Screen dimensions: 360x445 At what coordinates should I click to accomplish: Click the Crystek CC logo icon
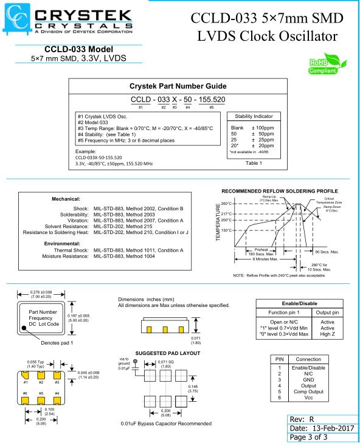point(16,18)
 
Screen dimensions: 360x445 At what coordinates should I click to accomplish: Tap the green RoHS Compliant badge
point(327,64)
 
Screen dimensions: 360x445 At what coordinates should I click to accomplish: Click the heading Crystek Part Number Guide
point(178,86)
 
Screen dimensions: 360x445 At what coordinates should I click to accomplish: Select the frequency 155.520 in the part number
point(212,100)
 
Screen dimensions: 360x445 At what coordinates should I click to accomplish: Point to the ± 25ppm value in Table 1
point(263,140)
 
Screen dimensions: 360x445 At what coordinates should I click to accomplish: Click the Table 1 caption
point(254,163)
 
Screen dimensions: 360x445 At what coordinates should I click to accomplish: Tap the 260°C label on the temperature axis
point(226,204)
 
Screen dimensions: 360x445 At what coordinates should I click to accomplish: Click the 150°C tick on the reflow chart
point(226,230)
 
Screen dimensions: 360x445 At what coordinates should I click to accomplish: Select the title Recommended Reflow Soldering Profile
point(280,191)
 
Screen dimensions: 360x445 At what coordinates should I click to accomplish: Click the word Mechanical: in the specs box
point(66,199)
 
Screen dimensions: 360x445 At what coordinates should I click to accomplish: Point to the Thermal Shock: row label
point(71,250)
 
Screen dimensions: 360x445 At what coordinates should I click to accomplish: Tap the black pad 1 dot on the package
point(24,328)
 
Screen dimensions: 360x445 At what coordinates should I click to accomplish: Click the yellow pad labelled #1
point(26,374)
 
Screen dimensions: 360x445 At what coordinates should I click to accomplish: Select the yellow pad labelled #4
point(57,401)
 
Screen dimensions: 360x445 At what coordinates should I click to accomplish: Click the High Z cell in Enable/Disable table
point(327,334)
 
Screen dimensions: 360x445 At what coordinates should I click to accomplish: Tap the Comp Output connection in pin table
point(308,392)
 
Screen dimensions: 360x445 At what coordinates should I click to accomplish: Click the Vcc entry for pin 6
point(308,398)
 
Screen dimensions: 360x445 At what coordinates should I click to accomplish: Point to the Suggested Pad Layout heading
point(168,353)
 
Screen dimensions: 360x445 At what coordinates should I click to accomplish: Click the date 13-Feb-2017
point(333,428)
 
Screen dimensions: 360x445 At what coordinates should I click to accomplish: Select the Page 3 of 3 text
point(308,437)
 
